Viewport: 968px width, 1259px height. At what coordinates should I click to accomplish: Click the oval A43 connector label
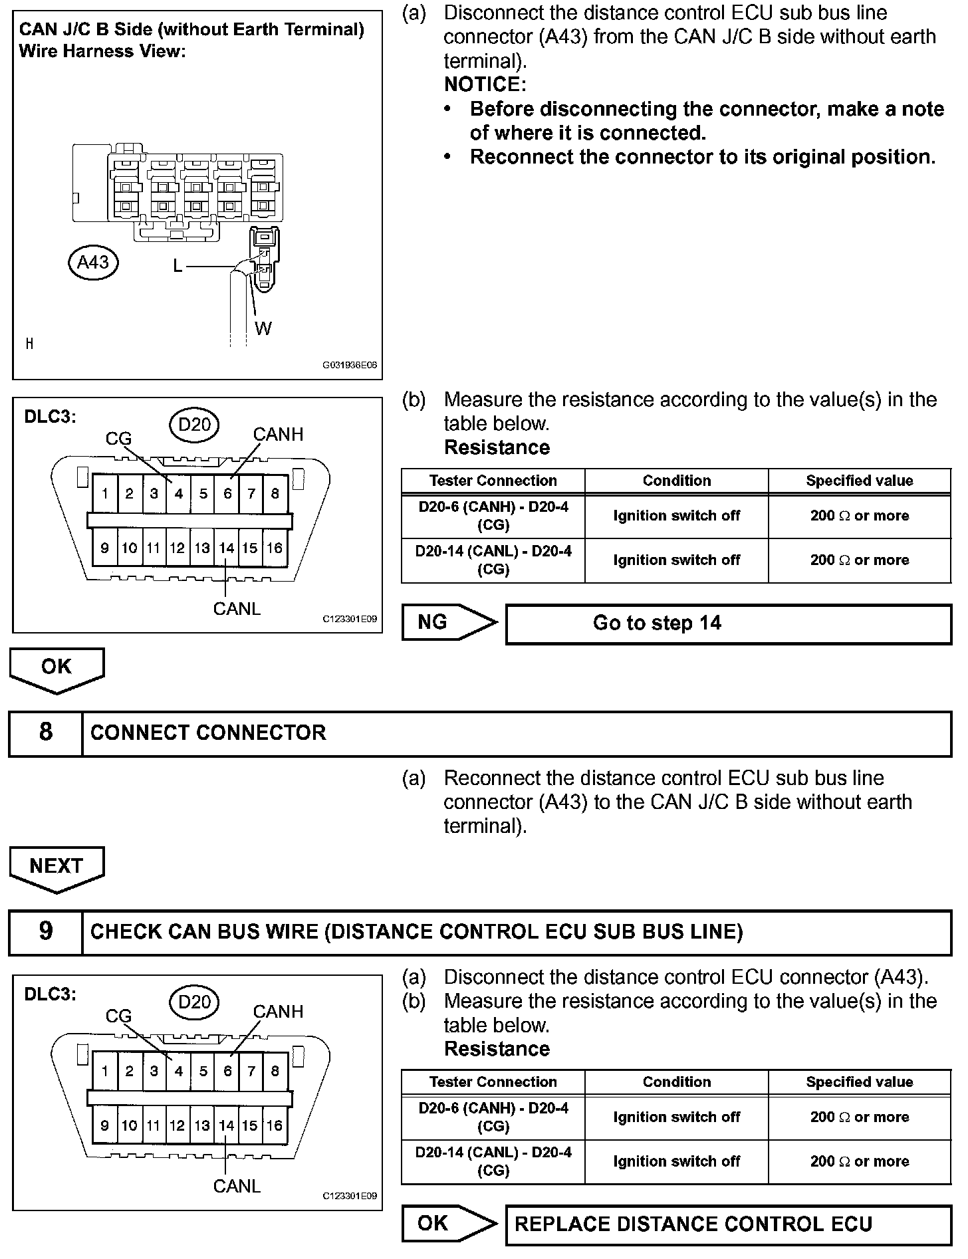pos(92,263)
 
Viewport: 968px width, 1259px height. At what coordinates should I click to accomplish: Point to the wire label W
pos(263,328)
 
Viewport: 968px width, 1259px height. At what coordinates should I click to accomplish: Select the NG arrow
pos(448,622)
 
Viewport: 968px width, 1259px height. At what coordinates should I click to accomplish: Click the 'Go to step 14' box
pos(728,624)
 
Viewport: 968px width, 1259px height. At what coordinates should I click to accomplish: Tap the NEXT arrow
pos(57,867)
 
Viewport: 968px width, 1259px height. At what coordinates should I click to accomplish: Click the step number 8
pos(45,732)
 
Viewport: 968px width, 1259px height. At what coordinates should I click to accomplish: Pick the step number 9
pos(45,931)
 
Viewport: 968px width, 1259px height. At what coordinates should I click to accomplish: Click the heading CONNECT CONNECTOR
pos(208,733)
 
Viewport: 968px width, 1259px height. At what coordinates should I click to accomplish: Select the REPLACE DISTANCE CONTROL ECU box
pos(728,1224)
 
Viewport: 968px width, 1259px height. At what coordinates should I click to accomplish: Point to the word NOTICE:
pos(485,84)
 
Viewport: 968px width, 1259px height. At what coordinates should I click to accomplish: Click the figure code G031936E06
pos(350,365)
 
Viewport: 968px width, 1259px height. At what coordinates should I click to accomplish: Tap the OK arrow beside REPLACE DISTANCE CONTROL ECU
pos(448,1223)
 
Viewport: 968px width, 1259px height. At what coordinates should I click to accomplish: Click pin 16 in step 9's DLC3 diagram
pos(275,1125)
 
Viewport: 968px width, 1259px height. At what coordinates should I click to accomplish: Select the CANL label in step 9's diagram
pos(237,1185)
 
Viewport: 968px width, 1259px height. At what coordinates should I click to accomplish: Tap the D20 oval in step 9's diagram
pos(194,1002)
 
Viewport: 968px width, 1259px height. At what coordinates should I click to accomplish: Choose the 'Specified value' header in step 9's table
pos(859,1082)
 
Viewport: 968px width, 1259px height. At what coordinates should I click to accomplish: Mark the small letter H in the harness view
pos(29,344)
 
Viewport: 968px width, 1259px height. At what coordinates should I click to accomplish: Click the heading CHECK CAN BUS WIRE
pos(416,931)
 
